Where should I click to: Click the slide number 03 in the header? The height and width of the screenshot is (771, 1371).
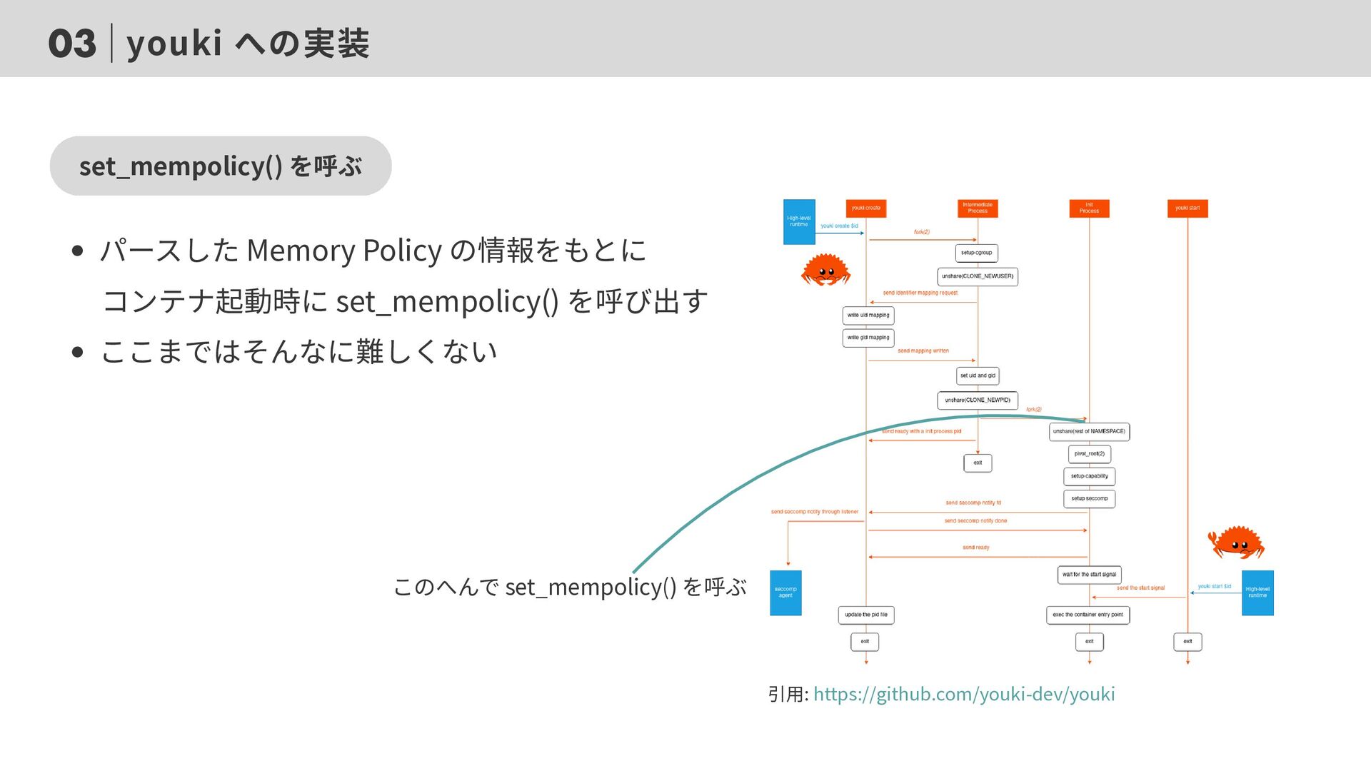71,44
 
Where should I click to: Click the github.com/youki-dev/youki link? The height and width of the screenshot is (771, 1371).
963,694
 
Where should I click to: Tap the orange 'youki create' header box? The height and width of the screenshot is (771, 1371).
865,208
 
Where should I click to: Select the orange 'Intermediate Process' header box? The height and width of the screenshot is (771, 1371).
977,208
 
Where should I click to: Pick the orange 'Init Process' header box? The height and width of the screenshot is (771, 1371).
1089,208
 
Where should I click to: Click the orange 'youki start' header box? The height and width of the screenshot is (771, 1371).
1187,208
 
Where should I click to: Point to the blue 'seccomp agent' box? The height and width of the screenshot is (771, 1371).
785,593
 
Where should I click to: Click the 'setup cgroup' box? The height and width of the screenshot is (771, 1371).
976,253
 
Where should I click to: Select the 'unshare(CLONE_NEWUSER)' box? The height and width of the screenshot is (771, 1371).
977,276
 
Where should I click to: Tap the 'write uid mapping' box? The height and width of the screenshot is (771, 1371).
868,316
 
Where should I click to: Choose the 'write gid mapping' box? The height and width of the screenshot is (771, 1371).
868,338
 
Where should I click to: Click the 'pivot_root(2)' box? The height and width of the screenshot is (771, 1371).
1089,454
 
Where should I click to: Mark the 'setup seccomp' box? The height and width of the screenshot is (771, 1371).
1089,498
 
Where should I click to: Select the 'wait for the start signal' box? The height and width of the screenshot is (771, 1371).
1089,575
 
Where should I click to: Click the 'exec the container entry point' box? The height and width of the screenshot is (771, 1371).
1088,615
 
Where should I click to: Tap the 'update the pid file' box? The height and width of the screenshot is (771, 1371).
866,615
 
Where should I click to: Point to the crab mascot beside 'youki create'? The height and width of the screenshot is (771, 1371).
825,270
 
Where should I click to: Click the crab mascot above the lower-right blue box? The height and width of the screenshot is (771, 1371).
1236,543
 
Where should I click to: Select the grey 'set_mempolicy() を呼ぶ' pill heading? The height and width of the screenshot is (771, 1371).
221,166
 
